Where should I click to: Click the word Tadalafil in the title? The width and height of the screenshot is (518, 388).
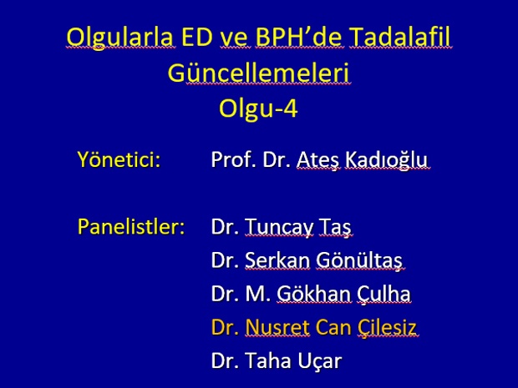click(399, 36)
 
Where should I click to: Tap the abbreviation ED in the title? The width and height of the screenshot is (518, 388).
click(197, 36)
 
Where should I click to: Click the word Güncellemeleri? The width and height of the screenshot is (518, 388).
click(258, 73)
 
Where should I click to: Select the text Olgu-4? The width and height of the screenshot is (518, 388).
click(258, 109)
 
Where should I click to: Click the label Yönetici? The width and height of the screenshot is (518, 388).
click(119, 159)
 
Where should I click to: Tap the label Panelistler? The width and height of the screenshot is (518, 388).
click(131, 227)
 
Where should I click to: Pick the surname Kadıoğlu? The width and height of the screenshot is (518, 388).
click(386, 160)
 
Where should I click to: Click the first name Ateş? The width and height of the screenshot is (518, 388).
click(317, 161)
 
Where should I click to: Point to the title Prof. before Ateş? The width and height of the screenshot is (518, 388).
click(234, 159)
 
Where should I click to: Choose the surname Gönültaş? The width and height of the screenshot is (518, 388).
click(359, 260)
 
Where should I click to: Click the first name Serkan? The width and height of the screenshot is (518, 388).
click(277, 260)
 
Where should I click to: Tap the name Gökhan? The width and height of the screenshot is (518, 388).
click(313, 294)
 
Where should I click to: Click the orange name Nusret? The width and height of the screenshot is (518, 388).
click(277, 327)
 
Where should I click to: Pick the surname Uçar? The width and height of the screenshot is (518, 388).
click(319, 361)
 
